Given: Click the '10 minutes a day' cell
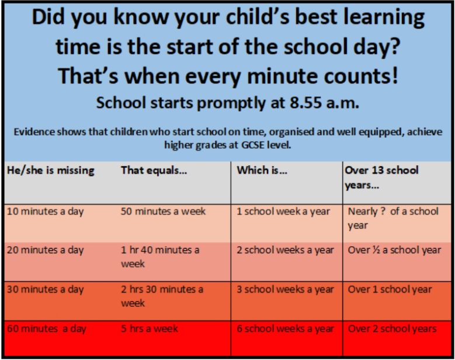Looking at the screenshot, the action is pos(46,212).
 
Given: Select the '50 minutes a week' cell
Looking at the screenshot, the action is pos(163,211).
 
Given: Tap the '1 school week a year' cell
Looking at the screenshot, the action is pos(283,212).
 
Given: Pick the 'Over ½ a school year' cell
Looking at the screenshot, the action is pos(394,250).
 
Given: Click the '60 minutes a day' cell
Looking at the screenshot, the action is pos(46,328).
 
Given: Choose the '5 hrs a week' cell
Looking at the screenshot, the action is pos(150,328).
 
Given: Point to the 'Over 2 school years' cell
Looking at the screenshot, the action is pos(392,328).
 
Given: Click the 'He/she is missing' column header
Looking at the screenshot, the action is pos(50,170).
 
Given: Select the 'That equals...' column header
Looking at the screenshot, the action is pos(154,170).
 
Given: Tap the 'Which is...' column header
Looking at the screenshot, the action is pos(262,170).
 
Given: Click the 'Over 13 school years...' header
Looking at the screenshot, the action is pos(381,177).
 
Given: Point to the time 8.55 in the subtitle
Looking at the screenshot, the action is pos(305,103).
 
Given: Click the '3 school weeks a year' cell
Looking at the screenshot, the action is pos(285,289).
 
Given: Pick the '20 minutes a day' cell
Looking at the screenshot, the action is pos(46,250).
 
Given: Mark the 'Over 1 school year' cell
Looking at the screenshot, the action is pos(390,289).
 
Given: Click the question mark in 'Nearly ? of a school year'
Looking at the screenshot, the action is pos(383,211).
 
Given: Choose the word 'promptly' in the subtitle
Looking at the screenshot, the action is pos(231,103).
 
